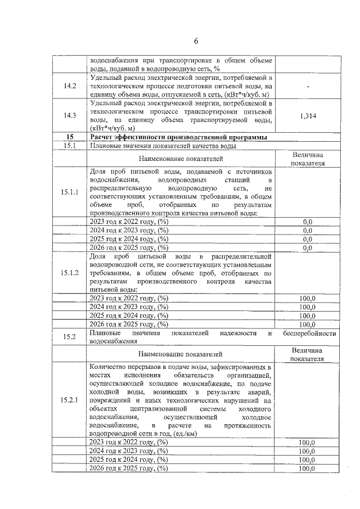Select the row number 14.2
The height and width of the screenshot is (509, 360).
(70, 86)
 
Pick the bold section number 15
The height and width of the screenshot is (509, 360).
(70, 137)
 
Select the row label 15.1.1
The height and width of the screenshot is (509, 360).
(70, 192)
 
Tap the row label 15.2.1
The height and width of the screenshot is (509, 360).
(70, 400)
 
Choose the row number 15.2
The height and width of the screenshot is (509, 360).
(70, 337)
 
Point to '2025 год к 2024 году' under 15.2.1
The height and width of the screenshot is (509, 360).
(129, 460)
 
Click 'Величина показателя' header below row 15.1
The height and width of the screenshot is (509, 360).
(307, 159)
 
